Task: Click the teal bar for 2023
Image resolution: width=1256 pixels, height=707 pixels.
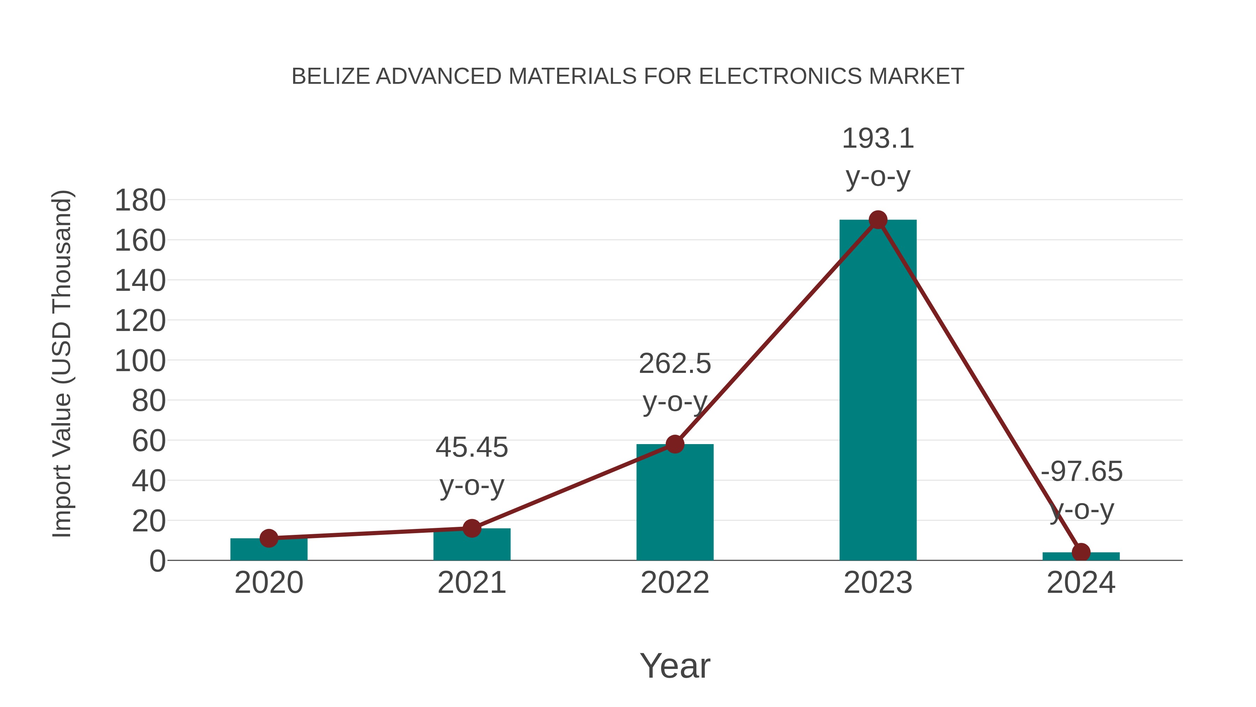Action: coord(878,390)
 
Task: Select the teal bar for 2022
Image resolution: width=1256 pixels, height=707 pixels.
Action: coord(675,502)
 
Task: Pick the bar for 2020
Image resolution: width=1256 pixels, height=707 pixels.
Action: coord(269,550)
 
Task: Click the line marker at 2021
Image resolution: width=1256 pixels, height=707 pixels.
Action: coord(471,528)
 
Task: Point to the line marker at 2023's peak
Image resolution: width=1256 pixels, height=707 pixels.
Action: coord(878,220)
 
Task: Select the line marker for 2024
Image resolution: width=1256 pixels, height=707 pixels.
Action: coord(1081,552)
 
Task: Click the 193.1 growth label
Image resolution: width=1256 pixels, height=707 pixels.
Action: coord(878,139)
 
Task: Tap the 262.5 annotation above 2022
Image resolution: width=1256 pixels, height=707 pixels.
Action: coord(675,364)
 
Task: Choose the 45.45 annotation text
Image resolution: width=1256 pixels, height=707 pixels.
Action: coord(471,448)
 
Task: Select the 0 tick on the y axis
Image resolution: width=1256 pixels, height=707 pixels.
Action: coord(157,561)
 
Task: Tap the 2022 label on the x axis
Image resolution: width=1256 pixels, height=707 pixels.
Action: coord(675,583)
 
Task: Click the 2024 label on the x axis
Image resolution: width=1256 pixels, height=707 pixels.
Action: coord(1081,583)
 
